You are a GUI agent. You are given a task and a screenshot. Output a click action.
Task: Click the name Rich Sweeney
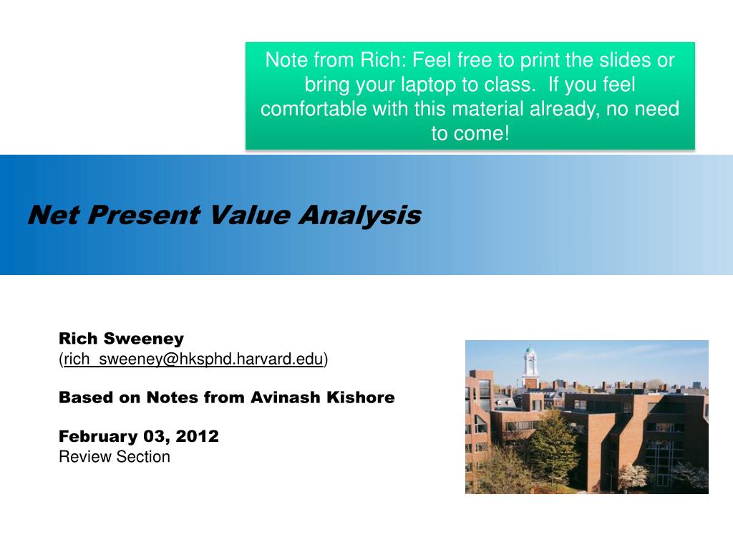pos(121,338)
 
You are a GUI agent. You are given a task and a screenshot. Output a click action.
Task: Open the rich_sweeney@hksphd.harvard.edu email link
pos(194,359)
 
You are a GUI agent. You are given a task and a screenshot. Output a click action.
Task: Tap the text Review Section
pos(115,457)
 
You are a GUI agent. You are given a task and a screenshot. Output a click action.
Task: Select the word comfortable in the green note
pos(313,109)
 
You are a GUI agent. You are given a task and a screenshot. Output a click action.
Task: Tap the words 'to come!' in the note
pos(470,133)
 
